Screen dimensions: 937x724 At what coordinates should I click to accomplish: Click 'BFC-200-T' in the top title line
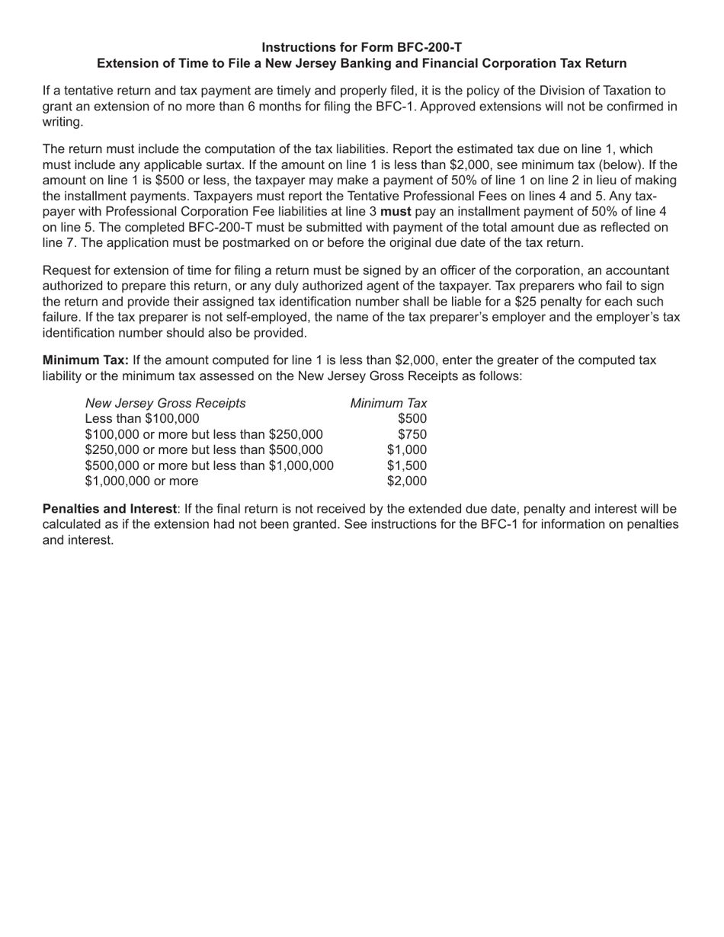click(x=428, y=47)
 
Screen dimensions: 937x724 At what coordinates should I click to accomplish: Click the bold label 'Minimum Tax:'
click(x=85, y=360)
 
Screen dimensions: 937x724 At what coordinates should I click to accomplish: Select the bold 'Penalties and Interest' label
click(x=109, y=509)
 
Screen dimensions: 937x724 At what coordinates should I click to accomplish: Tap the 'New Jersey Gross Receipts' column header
click(x=165, y=403)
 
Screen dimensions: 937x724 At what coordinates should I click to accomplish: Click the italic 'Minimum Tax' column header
click(x=388, y=403)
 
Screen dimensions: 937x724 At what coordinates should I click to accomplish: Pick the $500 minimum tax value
click(x=412, y=419)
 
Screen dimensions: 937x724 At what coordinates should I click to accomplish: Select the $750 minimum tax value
click(x=412, y=434)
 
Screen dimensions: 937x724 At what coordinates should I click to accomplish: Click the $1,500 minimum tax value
click(x=406, y=465)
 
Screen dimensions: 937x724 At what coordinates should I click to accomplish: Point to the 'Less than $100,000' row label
click(x=142, y=419)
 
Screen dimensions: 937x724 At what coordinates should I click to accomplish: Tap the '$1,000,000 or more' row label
click(x=142, y=481)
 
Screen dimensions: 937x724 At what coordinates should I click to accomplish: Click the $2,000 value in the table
click(x=406, y=481)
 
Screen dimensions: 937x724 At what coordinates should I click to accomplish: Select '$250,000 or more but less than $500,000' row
click(x=203, y=450)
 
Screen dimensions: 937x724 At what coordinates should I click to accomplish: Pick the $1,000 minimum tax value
click(x=406, y=450)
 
